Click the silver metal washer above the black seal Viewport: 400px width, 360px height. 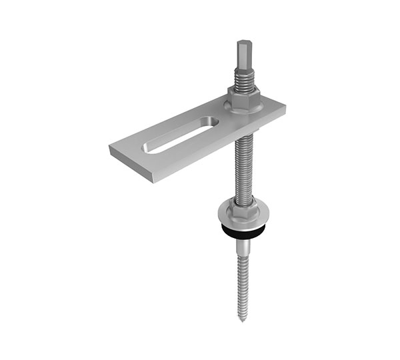(241, 218)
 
